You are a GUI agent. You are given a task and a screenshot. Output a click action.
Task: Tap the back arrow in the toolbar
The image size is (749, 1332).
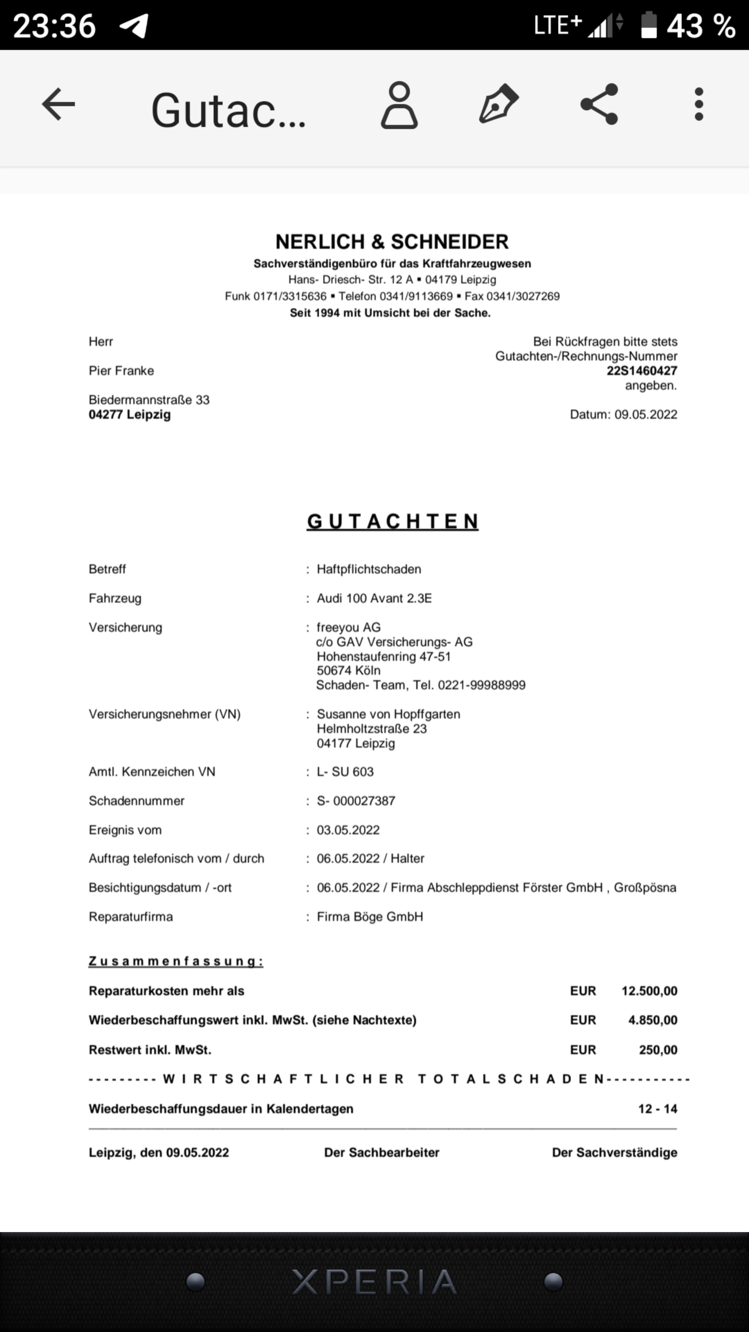point(58,104)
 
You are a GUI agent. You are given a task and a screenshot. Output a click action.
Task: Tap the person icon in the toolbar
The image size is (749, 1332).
point(399,105)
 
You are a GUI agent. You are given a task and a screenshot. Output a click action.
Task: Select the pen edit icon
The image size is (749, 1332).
point(498,104)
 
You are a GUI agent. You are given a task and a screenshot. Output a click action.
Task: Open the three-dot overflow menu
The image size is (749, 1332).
point(699,104)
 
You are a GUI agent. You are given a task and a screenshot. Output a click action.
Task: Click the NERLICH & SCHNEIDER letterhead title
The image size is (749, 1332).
point(392,241)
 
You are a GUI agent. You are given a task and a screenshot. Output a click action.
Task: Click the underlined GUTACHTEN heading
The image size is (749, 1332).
point(392,521)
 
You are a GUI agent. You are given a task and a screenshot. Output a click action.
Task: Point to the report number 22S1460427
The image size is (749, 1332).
point(642,371)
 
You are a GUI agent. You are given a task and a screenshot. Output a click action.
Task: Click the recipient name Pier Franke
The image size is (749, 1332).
point(121,371)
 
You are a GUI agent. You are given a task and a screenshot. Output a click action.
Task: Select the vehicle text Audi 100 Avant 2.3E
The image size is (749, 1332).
point(374,598)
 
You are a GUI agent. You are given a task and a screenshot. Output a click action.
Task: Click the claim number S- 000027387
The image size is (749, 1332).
point(356,801)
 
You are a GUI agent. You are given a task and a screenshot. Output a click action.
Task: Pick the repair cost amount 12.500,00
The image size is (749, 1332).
point(649,991)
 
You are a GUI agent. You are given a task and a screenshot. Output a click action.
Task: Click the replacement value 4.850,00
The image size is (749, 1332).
point(652,1020)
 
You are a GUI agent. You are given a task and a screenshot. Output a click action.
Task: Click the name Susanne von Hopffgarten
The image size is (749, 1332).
point(388,714)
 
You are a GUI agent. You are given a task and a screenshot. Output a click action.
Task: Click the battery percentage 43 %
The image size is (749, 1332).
point(700,26)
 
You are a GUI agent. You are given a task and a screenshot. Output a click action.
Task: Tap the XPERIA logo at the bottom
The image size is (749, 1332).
point(374,1281)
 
